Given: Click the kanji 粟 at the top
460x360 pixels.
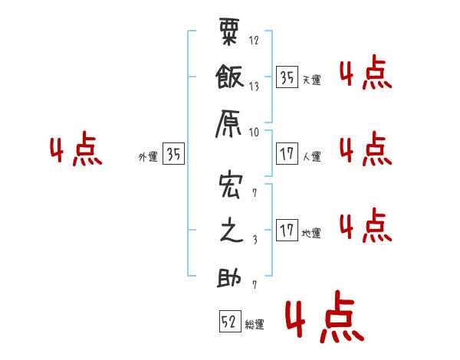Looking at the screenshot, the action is coord(229,31).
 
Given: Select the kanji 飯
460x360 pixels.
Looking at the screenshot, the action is coord(230,77).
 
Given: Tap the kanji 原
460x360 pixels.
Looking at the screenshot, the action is coord(228,124).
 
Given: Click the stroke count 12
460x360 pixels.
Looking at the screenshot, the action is coord(254,40).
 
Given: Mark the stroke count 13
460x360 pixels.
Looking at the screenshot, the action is coord(254,87).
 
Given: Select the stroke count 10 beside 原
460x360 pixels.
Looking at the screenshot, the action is coord(254,133).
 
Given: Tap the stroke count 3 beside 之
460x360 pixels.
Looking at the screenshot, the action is coord(255,240).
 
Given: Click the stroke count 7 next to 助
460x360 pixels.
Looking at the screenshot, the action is coord(255,284).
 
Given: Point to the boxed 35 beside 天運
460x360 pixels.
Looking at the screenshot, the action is coord(287,77).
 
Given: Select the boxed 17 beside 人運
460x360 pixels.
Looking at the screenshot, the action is coord(287,154).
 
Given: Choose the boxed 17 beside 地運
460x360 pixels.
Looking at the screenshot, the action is coord(287,230).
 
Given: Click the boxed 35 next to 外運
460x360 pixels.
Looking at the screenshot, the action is coord(173,153).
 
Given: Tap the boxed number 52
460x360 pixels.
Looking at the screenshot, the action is coord(230,321).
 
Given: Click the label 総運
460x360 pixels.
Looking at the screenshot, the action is coord(255,325).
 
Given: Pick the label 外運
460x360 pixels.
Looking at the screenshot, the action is coord(148,157).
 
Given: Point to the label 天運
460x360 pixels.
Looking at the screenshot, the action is coord(312,80).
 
